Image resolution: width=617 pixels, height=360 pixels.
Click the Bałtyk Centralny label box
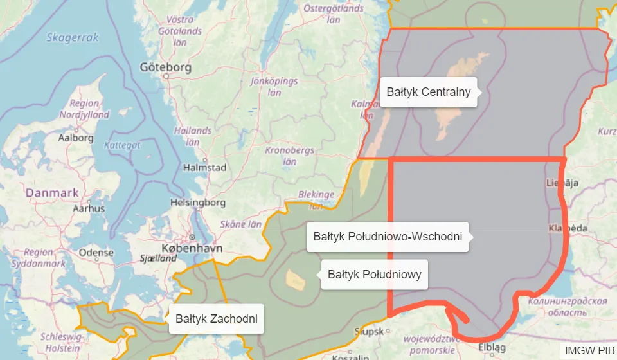(429, 92)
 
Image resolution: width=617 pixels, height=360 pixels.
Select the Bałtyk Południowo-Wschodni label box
(388, 237)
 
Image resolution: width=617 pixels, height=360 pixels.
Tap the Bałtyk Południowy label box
(374, 274)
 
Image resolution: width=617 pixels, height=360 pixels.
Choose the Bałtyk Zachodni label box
(217, 318)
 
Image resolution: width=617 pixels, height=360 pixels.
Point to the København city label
(192, 248)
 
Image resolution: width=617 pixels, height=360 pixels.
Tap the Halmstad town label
(205, 167)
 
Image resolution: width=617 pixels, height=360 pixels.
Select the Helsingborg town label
(197, 203)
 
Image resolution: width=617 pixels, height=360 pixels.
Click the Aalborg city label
(76, 138)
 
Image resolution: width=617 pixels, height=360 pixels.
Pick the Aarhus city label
(89, 208)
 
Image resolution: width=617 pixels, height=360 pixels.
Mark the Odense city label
(96, 253)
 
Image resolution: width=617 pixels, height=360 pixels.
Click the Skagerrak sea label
(73, 38)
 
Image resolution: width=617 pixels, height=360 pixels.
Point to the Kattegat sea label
(121, 145)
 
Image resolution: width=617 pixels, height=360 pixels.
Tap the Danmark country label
(52, 192)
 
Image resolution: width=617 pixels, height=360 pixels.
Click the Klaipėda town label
(568, 228)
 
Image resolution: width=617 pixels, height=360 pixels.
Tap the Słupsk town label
(369, 332)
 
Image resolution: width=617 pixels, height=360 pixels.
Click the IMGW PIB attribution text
(590, 350)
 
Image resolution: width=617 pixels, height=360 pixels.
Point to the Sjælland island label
(158, 258)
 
